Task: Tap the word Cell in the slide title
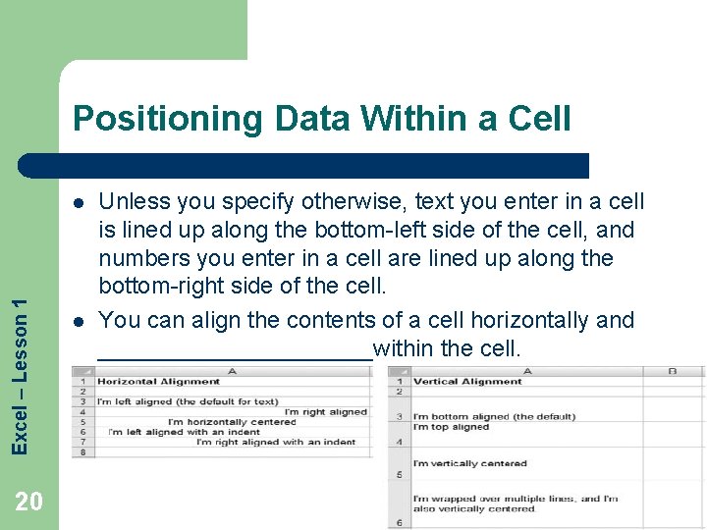(537, 119)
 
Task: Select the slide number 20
(29, 503)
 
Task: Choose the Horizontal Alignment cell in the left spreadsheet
(158, 381)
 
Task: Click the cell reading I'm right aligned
(325, 412)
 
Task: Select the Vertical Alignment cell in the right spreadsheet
(467, 381)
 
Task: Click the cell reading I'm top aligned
(451, 427)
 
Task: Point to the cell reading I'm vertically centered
(469, 463)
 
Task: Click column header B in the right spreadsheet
(673, 370)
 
